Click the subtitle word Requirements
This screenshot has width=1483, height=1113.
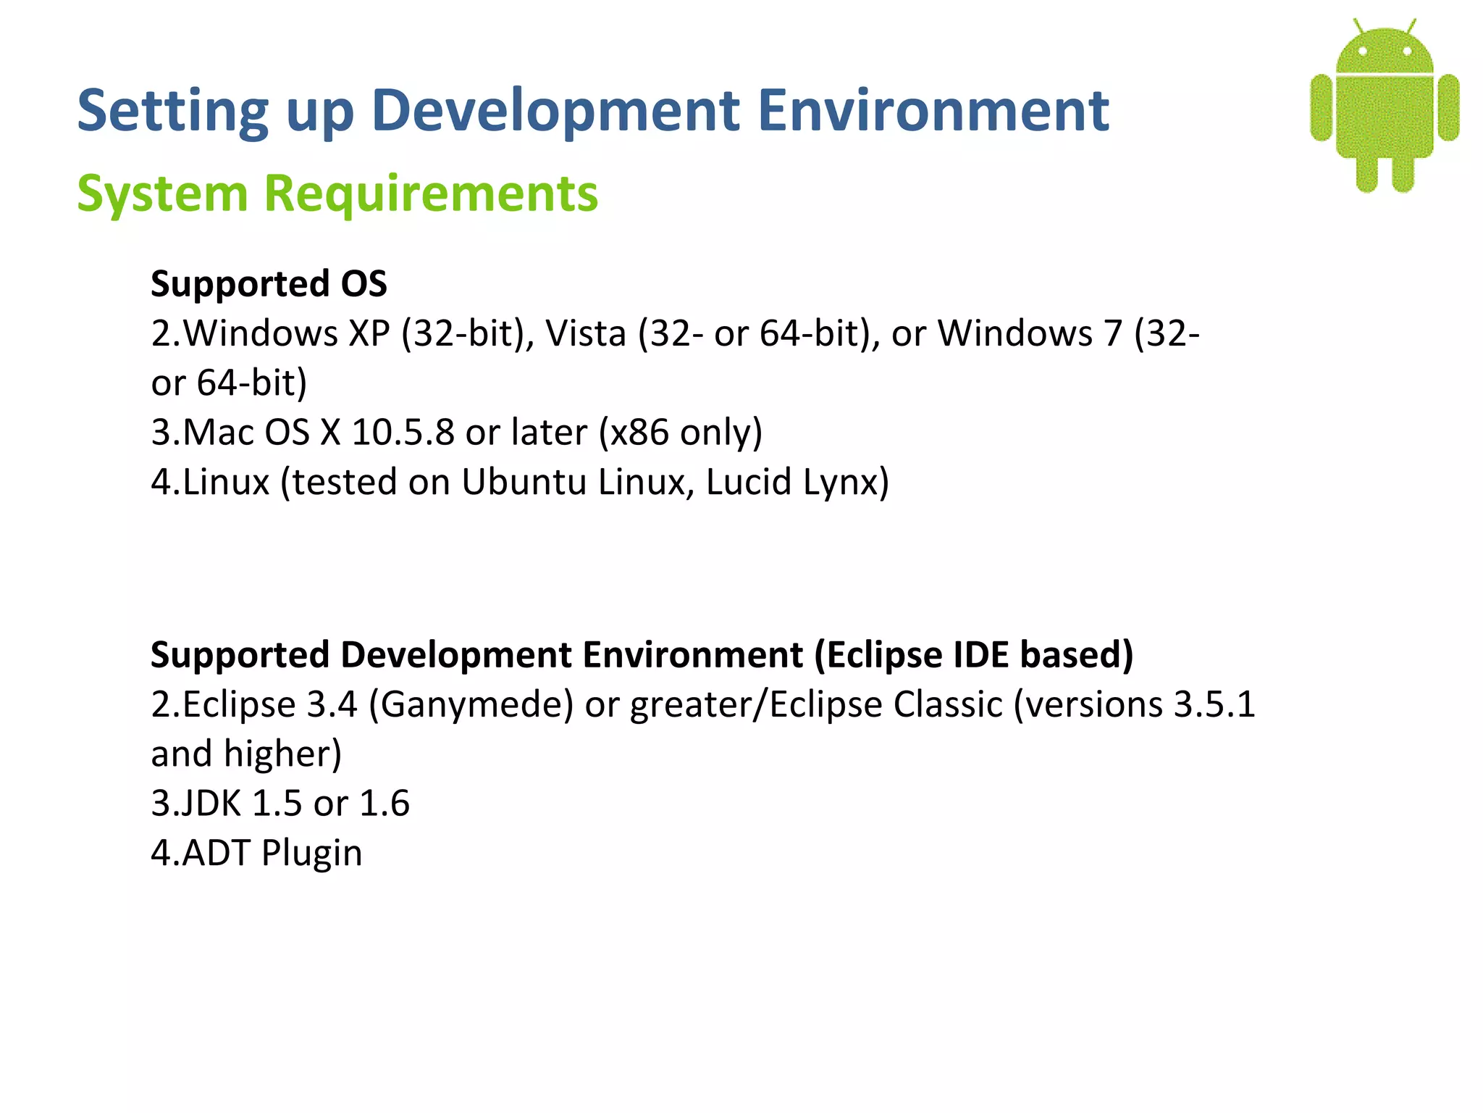(x=431, y=193)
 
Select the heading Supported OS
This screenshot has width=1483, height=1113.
(x=269, y=283)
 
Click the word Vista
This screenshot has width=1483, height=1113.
(x=585, y=334)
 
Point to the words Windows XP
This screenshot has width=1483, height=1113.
(x=286, y=334)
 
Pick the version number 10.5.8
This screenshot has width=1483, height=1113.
(x=403, y=433)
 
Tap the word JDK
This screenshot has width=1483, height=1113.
(x=210, y=804)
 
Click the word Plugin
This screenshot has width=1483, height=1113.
(x=311, y=854)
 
